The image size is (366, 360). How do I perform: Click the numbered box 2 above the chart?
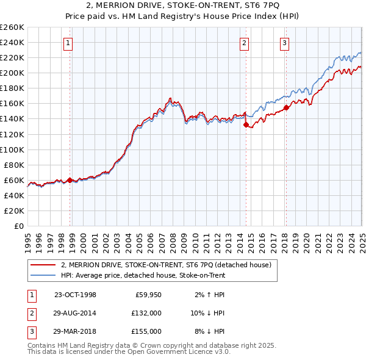244,43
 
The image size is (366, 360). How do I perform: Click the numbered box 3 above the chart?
284,43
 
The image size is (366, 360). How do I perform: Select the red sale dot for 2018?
286,107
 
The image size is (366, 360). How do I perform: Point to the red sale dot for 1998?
70,180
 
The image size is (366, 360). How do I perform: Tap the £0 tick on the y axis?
18,226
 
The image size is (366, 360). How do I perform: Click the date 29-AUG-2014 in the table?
75,313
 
